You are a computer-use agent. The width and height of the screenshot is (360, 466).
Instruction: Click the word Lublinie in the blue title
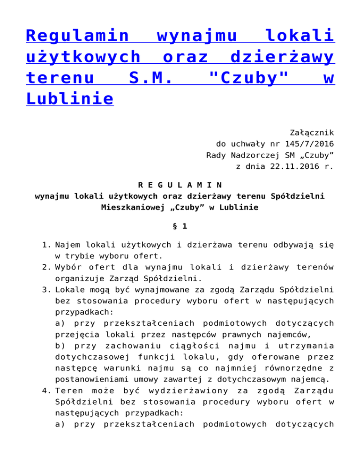click(69, 99)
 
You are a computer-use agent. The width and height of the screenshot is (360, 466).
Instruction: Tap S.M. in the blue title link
click(145, 78)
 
